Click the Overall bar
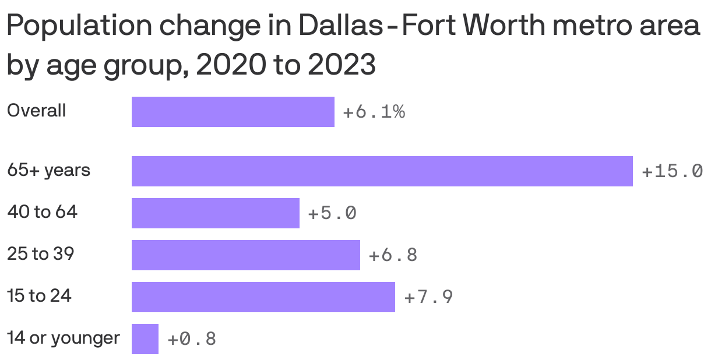pos(233,112)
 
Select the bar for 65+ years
pos(382,171)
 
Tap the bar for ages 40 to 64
pos(215,213)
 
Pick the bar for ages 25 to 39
pos(245,255)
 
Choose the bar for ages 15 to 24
pos(263,297)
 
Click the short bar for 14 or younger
pos(145,339)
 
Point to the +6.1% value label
pos(374,112)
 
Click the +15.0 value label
pos(671,171)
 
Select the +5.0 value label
pos(332,213)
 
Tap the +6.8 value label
pos(393,255)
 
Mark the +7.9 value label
pos(428,297)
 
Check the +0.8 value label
pos(191,339)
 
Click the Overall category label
pos(36,111)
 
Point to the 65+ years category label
pos(48,171)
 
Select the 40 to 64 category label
pos(42,212)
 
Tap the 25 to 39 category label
pos(40,254)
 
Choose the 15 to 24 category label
pos(39,296)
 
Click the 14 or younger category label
pos(63,338)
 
